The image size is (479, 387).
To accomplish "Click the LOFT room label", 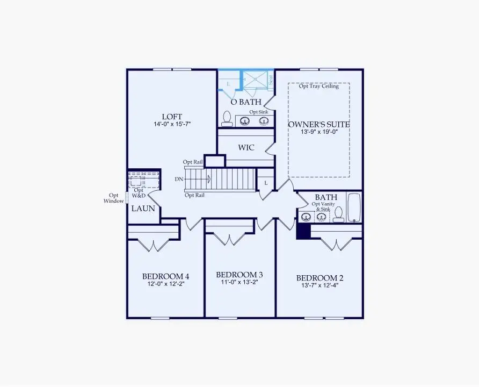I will coord(172,117).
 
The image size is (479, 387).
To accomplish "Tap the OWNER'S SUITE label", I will coord(319,124).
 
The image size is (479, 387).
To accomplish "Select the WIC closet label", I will coord(246,147).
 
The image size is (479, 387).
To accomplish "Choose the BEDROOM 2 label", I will coord(320,278).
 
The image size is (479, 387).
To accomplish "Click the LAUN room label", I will coord(143,208).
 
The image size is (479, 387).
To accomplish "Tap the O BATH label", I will coord(246,102).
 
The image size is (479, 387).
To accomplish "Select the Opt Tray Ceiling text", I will coord(319,86).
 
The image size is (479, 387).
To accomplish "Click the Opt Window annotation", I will coord(113,198).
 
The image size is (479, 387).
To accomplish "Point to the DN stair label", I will coord(179,179).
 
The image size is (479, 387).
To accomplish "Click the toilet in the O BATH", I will coord(227,118).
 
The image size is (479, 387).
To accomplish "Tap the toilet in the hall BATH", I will coord(338,214).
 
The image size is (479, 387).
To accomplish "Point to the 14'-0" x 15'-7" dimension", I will coord(172,124).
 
